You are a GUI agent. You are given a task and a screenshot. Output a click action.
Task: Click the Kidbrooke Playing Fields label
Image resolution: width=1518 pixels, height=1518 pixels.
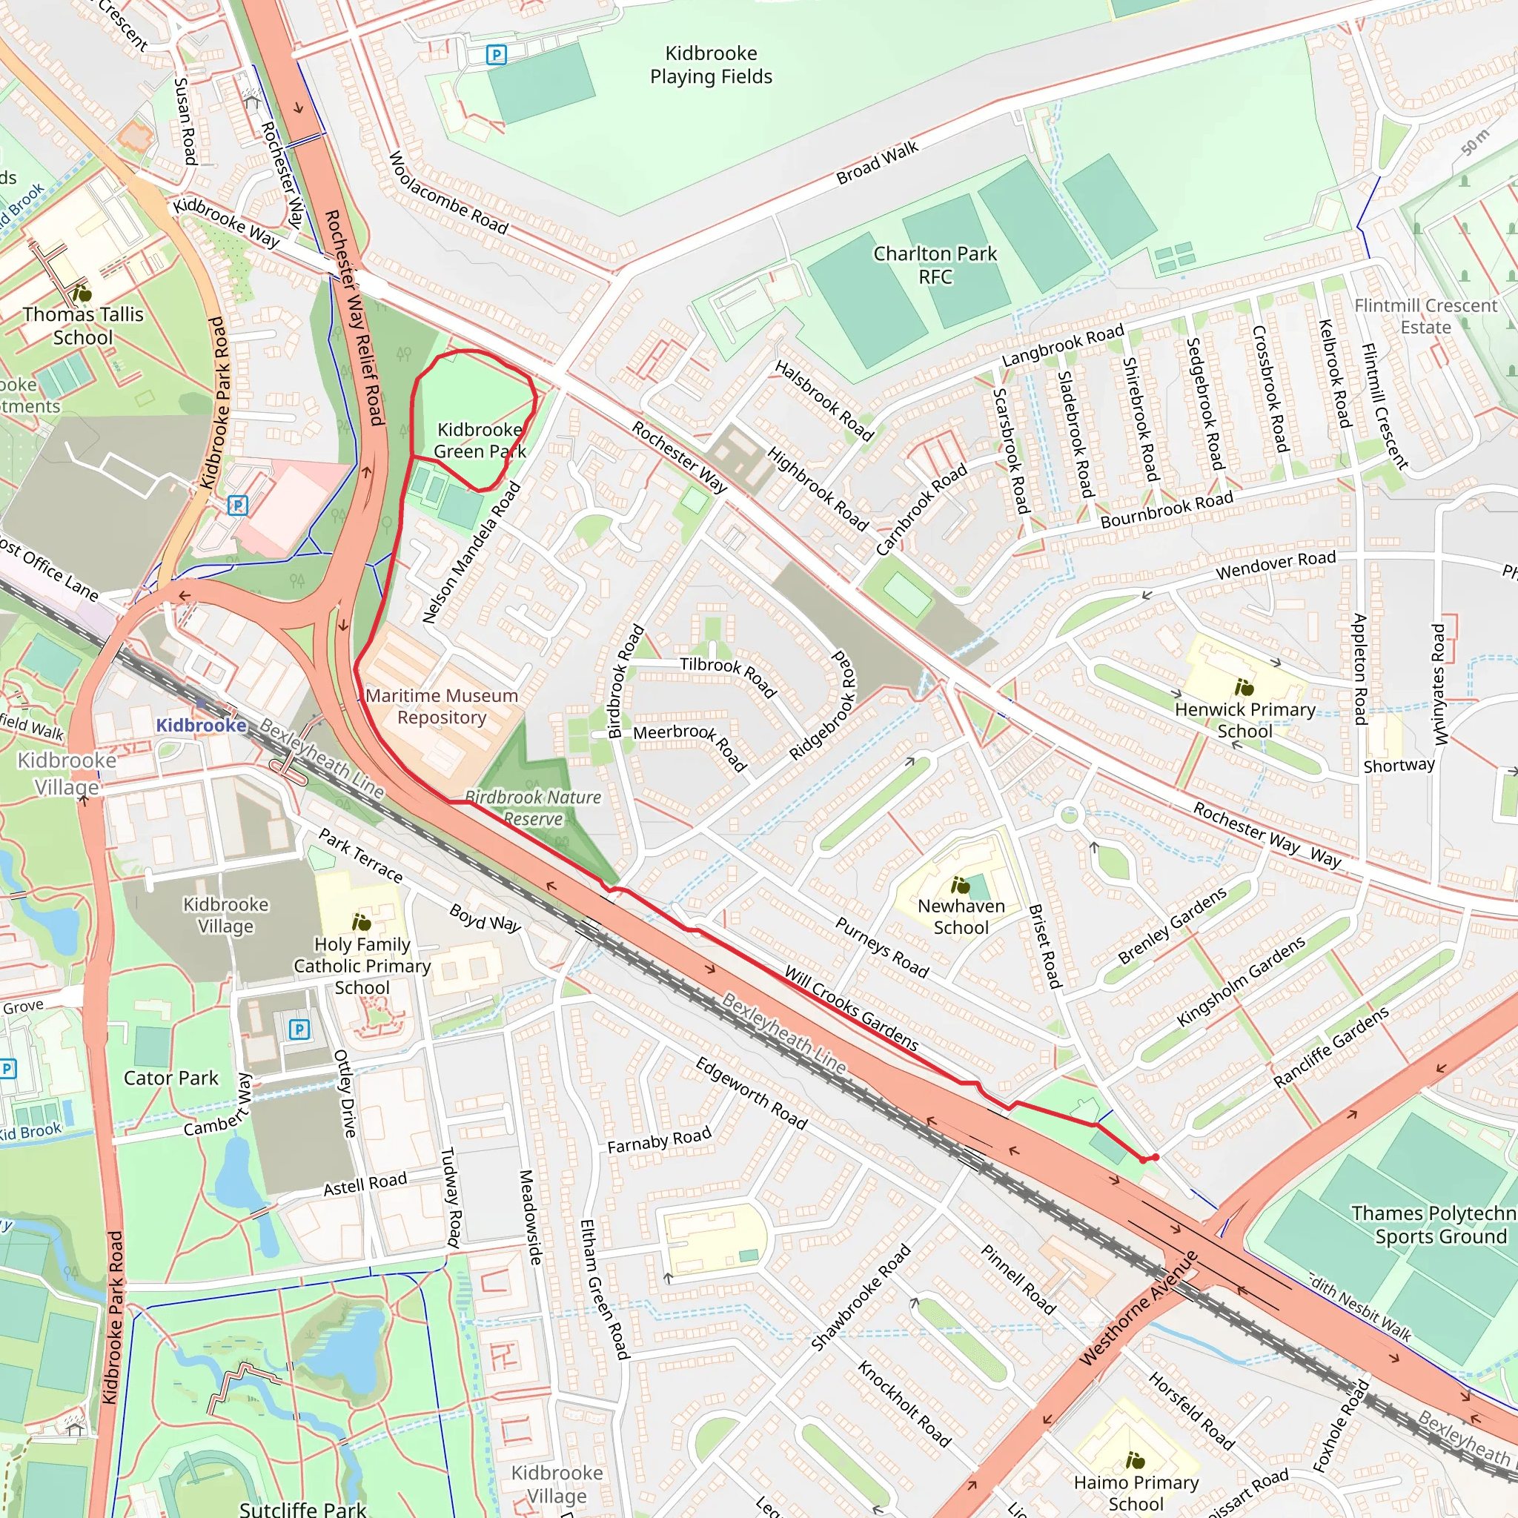click(710, 65)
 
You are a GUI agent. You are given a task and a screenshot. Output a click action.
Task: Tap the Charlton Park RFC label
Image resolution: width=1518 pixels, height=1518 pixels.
click(934, 265)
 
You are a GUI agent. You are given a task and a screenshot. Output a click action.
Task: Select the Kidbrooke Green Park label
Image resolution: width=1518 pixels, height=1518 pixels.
click(480, 440)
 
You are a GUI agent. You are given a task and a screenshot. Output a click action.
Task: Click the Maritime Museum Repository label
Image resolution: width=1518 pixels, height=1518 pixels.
click(442, 706)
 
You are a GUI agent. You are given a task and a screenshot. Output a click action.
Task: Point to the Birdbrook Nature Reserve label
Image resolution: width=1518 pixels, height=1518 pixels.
click(534, 808)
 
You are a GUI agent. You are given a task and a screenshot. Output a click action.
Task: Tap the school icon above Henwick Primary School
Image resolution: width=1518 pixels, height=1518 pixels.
click(1244, 688)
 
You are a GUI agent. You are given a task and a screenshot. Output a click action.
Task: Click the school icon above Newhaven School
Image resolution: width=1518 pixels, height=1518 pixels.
click(960, 886)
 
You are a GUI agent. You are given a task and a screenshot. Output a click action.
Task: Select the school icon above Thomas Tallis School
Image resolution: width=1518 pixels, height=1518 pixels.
click(82, 294)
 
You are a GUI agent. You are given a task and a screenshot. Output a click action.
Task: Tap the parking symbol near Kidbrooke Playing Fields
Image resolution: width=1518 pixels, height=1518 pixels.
click(496, 55)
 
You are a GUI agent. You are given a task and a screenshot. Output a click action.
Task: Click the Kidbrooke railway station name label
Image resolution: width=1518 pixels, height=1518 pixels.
click(201, 724)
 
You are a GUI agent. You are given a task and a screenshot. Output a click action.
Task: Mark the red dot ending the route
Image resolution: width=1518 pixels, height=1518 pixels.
click(1155, 1157)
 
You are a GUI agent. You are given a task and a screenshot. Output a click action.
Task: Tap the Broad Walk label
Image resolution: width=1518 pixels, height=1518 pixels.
click(877, 163)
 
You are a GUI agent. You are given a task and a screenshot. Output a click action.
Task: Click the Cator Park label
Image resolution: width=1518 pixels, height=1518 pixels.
click(170, 1077)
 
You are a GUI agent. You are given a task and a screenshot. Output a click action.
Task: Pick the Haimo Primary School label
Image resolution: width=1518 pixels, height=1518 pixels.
click(1136, 1493)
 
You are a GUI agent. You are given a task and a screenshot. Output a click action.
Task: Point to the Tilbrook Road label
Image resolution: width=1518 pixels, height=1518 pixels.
click(728, 676)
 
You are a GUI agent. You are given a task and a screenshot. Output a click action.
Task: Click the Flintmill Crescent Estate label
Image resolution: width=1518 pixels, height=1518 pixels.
click(1425, 316)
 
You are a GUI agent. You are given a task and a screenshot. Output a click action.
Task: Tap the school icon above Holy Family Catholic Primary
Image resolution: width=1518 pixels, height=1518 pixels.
click(362, 921)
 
